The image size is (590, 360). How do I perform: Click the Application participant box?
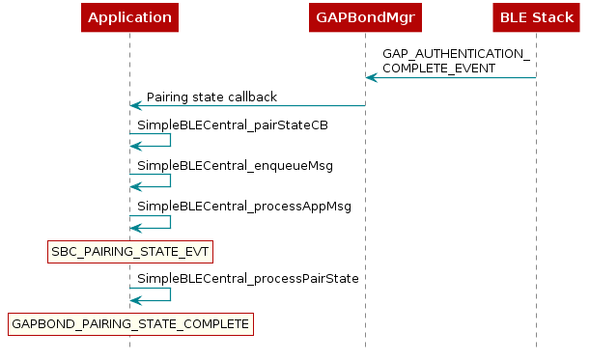pos(129,17)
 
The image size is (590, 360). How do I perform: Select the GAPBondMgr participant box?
pos(365,17)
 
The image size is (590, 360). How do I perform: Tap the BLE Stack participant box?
pos(536,17)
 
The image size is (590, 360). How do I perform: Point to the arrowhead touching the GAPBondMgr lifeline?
pos(371,77)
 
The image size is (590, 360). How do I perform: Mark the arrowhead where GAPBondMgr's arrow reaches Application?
pos(135,105)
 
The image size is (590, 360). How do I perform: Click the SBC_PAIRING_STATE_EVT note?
pos(129,252)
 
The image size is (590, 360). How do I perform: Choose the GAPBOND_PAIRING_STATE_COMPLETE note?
pos(129,323)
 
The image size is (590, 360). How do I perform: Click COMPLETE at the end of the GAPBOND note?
pos(214,324)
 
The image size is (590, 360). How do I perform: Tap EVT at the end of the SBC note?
pos(195,252)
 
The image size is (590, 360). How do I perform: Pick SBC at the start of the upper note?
pos(63,252)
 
